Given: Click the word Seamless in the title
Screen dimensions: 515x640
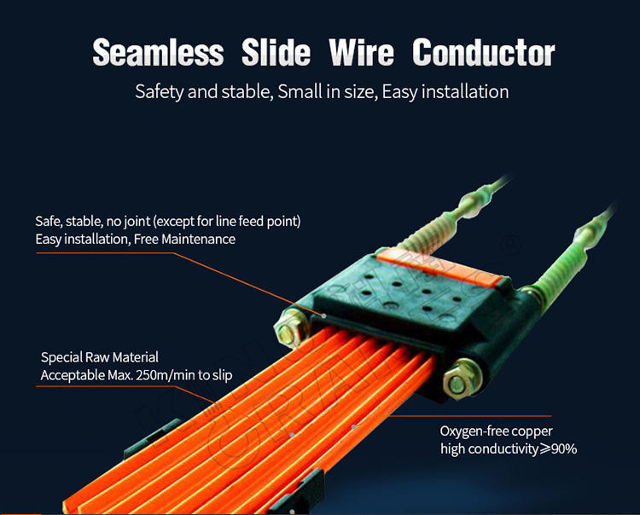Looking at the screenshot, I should (158, 53).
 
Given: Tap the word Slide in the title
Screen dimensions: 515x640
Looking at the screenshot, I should (276, 53).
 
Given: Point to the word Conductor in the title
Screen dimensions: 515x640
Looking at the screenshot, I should (483, 53).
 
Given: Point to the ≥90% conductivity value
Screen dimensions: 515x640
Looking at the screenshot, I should (560, 448).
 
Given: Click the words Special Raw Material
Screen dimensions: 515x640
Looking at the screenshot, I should (100, 357).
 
